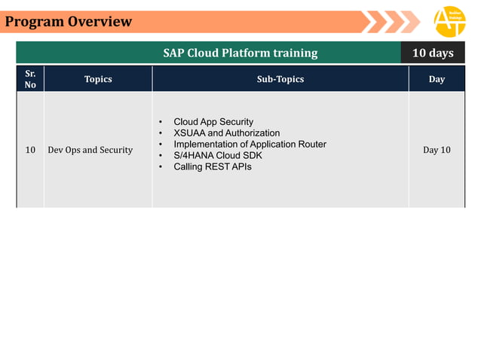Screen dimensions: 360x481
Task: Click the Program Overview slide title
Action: pyautogui.click(x=69, y=22)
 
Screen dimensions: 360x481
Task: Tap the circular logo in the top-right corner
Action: pyautogui.click(x=450, y=22)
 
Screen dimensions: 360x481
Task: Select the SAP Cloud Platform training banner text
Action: pyautogui.click(x=240, y=53)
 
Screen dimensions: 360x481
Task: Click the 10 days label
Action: pyautogui.click(x=433, y=53)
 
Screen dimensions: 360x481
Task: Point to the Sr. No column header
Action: pyautogui.click(x=30, y=79)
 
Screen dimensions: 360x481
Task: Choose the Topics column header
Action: pyautogui.click(x=98, y=79)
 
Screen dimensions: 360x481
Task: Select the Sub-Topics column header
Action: pyautogui.click(x=280, y=79)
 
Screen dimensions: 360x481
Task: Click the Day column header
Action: pyautogui.click(x=437, y=79)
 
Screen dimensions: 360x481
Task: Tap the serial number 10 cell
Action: pyautogui.click(x=30, y=150)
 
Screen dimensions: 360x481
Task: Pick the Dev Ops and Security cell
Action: pyautogui.click(x=90, y=150)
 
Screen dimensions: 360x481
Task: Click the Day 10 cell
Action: pyautogui.click(x=437, y=150)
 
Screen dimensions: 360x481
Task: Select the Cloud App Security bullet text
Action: pyautogui.click(x=213, y=122)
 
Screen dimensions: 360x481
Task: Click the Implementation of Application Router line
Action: pyautogui.click(x=250, y=144)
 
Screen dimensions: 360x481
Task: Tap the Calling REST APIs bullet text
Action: pyautogui.click(x=213, y=166)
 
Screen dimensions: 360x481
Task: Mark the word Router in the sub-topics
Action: pyautogui.click(x=311, y=144)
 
